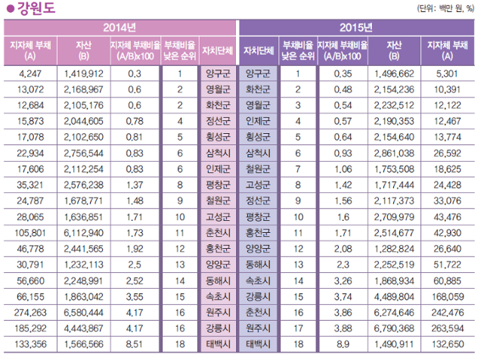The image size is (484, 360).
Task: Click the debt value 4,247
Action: click(31, 74)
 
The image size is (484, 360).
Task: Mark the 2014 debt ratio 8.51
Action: click(135, 344)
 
